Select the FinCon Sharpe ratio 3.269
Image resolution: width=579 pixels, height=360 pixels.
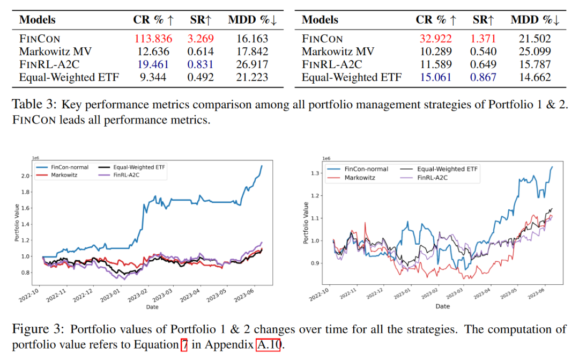point(201,39)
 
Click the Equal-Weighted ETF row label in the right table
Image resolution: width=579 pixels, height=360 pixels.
point(351,77)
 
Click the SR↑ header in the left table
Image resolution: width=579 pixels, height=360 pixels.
point(202,20)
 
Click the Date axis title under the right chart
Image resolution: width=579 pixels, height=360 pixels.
point(442,306)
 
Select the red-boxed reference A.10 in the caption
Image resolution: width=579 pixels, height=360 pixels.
point(268,343)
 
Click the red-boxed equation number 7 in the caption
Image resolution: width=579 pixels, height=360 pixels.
point(183,343)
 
